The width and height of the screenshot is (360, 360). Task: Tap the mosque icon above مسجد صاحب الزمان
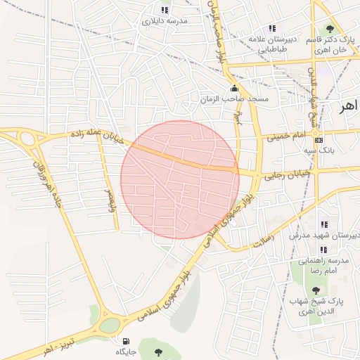tap(234, 89)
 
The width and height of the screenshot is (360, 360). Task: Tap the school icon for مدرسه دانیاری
tap(164, 10)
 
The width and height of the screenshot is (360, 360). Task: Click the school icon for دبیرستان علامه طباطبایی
tap(272, 28)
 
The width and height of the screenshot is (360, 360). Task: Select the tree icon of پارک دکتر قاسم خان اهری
tap(330, 28)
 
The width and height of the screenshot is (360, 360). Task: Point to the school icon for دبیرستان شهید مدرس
tap(323, 224)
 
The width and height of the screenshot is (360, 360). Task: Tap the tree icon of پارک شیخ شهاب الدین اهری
tap(316, 290)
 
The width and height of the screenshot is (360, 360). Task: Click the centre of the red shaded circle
tap(180, 180)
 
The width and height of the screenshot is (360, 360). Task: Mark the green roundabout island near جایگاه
tap(110, 325)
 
